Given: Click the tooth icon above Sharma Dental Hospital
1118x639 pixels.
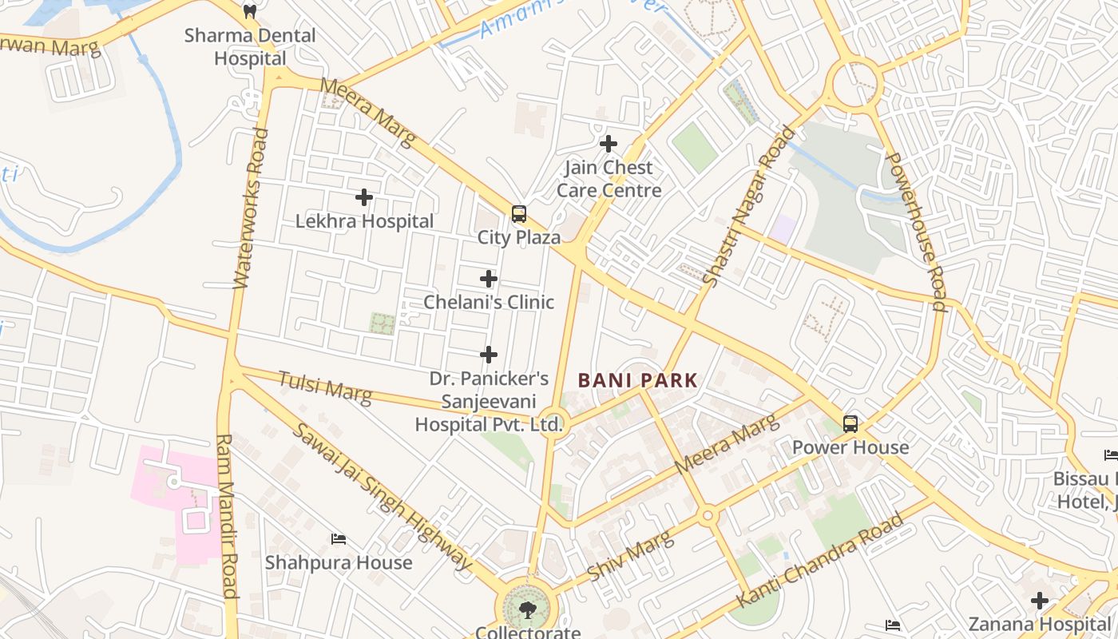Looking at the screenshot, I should pyautogui.click(x=250, y=11).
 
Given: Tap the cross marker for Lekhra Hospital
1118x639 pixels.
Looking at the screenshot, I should pyautogui.click(x=364, y=197).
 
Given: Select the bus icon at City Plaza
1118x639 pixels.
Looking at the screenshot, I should pyautogui.click(x=519, y=214).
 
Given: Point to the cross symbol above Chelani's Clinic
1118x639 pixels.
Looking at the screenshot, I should pyautogui.click(x=489, y=279).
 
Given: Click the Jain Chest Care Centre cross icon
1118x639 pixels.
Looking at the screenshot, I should pyautogui.click(x=609, y=144).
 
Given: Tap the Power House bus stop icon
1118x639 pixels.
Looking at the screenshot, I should pyautogui.click(x=850, y=424).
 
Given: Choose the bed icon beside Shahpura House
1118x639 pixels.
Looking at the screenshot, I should pyautogui.click(x=339, y=539).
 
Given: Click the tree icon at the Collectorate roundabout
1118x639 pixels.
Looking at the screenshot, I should pyautogui.click(x=527, y=611).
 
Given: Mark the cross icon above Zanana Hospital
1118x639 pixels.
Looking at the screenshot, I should pyautogui.click(x=1040, y=600).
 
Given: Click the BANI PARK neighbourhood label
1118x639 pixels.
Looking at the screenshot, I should pyautogui.click(x=638, y=381).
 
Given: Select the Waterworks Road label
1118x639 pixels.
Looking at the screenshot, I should pyautogui.click(x=250, y=208).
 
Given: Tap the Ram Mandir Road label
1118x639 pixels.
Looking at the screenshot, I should pyautogui.click(x=227, y=515).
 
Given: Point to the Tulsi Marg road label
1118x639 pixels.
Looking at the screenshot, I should pyautogui.click(x=325, y=387).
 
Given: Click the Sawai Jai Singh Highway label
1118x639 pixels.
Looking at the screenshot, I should pyautogui.click(x=382, y=495).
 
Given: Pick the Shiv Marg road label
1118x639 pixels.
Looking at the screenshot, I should pyautogui.click(x=630, y=556).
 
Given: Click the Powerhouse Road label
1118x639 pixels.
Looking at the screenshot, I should pyautogui.click(x=916, y=232).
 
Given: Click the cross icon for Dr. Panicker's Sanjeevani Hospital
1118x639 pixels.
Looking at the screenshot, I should pyautogui.click(x=489, y=355).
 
